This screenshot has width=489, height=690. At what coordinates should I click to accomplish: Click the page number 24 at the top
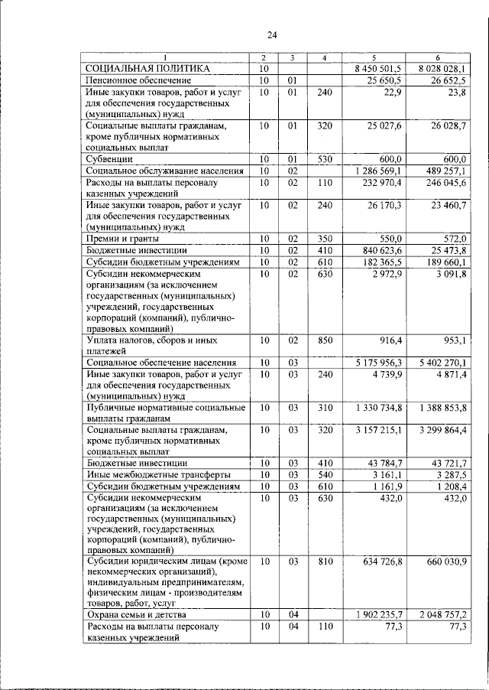[x=272, y=34]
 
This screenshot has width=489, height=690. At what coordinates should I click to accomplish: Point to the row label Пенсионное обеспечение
[x=138, y=80]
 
